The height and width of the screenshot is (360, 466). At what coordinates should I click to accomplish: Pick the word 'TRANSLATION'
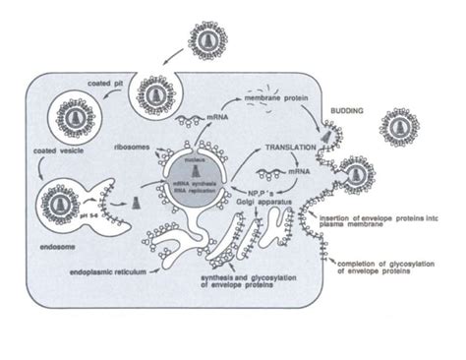pyautogui.click(x=290, y=147)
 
